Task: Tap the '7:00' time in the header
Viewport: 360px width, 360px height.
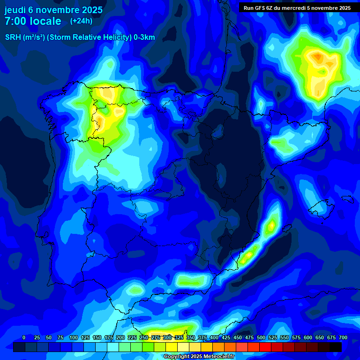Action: (x=16, y=22)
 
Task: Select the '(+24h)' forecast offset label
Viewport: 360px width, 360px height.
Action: (x=81, y=21)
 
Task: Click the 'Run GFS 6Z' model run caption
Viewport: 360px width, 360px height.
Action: (x=260, y=7)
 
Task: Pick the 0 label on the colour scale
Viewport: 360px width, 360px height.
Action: (x=24, y=337)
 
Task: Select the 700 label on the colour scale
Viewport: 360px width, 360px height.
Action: (x=343, y=337)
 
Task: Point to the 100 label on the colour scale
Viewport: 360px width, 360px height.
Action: (x=74, y=337)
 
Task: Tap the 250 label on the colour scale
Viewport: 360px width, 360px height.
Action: (x=144, y=337)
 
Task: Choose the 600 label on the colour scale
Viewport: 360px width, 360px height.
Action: (x=296, y=337)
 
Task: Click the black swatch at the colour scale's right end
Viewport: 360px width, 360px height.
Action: (x=336, y=347)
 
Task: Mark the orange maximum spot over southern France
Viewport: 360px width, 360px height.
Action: (x=318, y=57)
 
